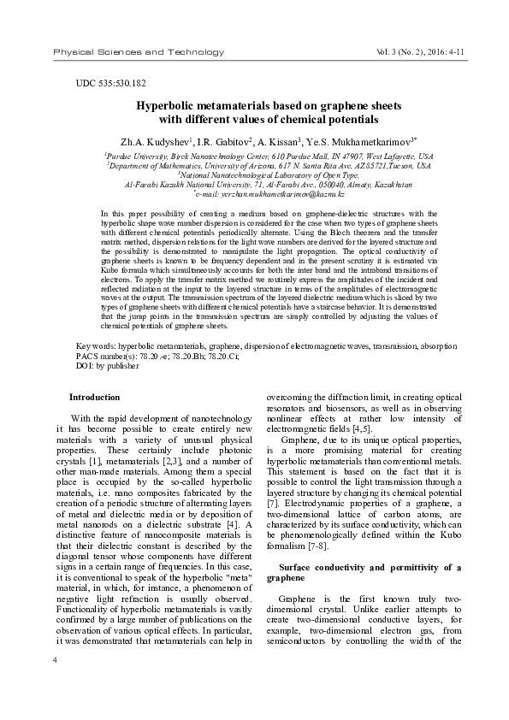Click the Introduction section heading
(x=94, y=398)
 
